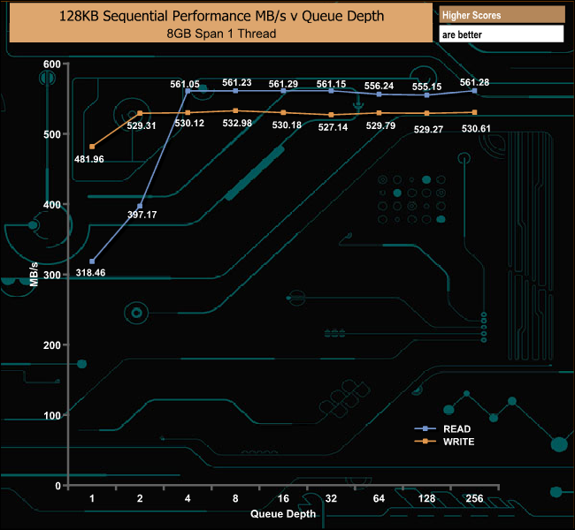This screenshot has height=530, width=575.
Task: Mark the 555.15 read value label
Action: (x=427, y=85)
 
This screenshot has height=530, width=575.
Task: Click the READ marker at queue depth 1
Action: (x=92, y=261)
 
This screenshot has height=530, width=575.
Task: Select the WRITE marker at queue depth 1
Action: (x=92, y=147)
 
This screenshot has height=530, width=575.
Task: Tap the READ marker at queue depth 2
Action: (x=140, y=206)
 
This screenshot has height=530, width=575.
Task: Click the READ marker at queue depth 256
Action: (x=475, y=91)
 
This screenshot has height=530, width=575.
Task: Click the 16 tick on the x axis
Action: (x=283, y=499)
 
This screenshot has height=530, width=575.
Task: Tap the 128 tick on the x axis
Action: (x=426, y=499)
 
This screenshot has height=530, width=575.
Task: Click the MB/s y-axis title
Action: (x=33, y=275)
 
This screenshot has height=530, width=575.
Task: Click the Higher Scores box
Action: (x=501, y=16)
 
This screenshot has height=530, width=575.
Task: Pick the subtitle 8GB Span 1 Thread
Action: (x=221, y=34)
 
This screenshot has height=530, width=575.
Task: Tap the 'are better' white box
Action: (x=501, y=34)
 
